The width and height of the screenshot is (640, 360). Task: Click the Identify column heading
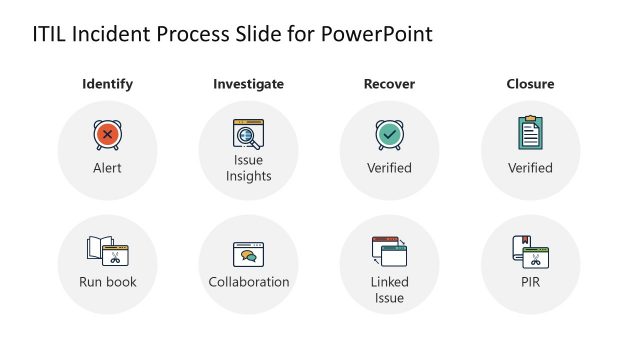click(x=107, y=84)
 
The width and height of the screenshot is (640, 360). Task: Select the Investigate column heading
click(x=248, y=84)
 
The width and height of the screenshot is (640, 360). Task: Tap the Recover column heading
click(x=389, y=84)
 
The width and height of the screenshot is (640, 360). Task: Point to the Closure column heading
click(x=530, y=84)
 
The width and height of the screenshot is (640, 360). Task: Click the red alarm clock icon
click(x=107, y=134)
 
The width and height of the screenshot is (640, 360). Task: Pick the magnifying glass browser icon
click(x=248, y=134)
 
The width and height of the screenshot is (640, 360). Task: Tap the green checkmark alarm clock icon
click(x=389, y=134)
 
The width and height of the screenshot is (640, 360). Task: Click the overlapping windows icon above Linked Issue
click(x=389, y=251)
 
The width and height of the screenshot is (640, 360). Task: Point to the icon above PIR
click(x=530, y=250)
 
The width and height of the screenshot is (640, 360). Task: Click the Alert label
click(x=107, y=168)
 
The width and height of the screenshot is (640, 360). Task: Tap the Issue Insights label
click(x=248, y=168)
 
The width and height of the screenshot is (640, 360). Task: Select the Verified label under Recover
click(x=389, y=168)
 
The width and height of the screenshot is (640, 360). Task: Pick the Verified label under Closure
click(x=530, y=168)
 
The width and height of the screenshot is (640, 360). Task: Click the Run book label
click(x=108, y=282)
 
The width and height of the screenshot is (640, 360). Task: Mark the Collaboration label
click(x=249, y=282)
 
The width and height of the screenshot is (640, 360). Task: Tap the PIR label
click(x=530, y=282)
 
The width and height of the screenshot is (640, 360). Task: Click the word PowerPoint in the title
click(x=377, y=34)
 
